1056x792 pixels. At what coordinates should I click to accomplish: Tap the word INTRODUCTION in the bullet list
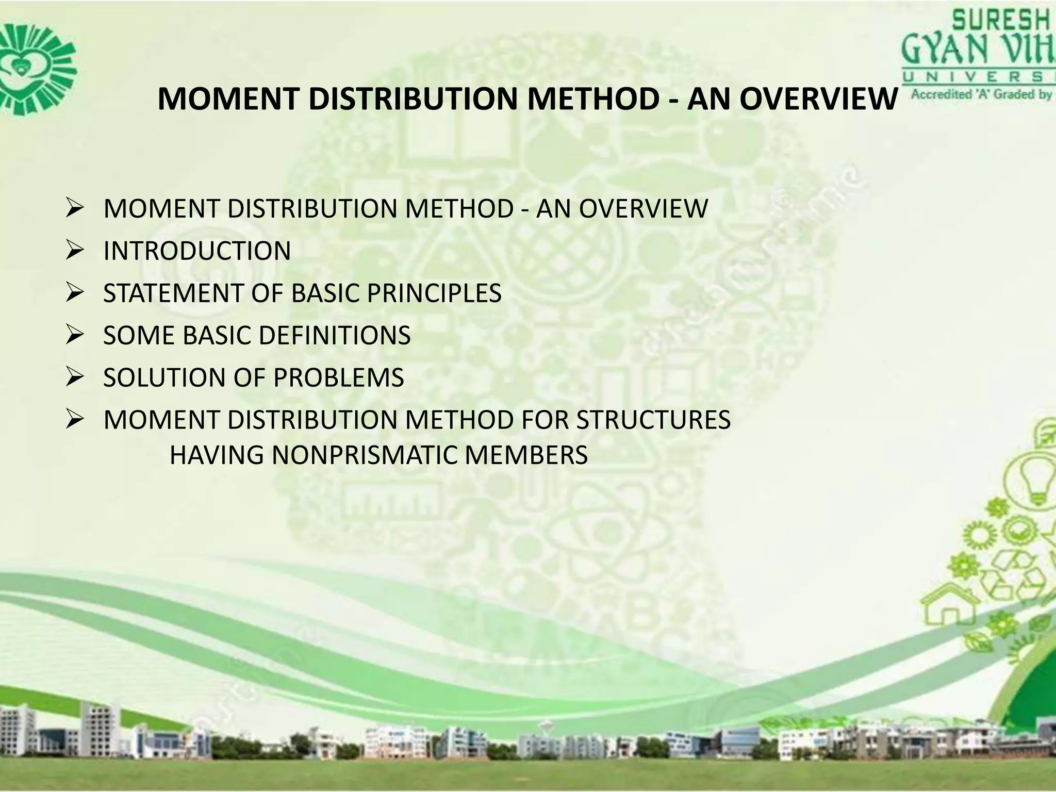coord(197,251)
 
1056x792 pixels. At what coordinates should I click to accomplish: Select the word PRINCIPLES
coord(434,293)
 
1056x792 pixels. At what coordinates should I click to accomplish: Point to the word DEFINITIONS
coord(335,336)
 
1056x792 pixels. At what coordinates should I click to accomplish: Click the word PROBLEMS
coord(339,378)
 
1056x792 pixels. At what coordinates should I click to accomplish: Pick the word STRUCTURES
coord(653,420)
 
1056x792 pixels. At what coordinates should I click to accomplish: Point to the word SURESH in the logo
coord(1000,22)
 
